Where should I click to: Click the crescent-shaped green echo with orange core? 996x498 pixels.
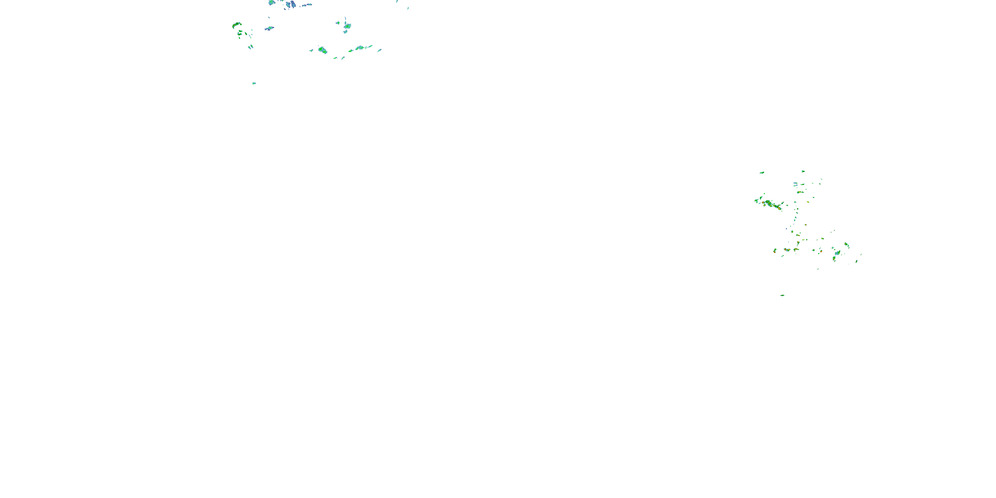237,26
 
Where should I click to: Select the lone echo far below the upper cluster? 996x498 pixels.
254,83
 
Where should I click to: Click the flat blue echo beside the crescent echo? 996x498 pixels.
270,28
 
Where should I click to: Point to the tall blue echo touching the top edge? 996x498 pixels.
291,4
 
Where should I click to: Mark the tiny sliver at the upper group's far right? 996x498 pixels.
408,8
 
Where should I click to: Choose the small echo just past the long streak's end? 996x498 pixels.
379,50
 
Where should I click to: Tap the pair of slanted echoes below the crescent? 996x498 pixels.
251,47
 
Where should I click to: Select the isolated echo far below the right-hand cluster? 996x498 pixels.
782,295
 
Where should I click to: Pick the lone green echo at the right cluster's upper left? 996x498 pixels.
762,172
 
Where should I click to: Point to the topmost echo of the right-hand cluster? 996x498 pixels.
803,171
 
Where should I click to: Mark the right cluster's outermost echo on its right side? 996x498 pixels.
861,254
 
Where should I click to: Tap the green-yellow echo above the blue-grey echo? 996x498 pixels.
846,244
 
